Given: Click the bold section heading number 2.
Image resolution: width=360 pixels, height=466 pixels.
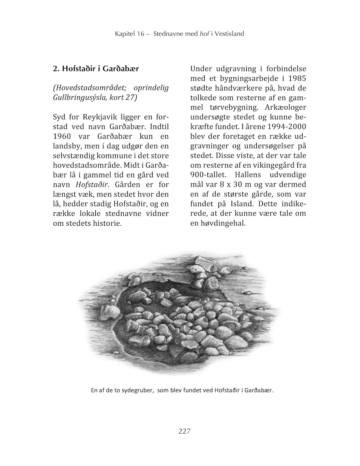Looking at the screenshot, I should pos(55,69).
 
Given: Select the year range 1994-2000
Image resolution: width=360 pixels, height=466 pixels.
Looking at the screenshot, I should pos(283,127).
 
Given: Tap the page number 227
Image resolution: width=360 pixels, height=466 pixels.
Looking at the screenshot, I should pos(184,431).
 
